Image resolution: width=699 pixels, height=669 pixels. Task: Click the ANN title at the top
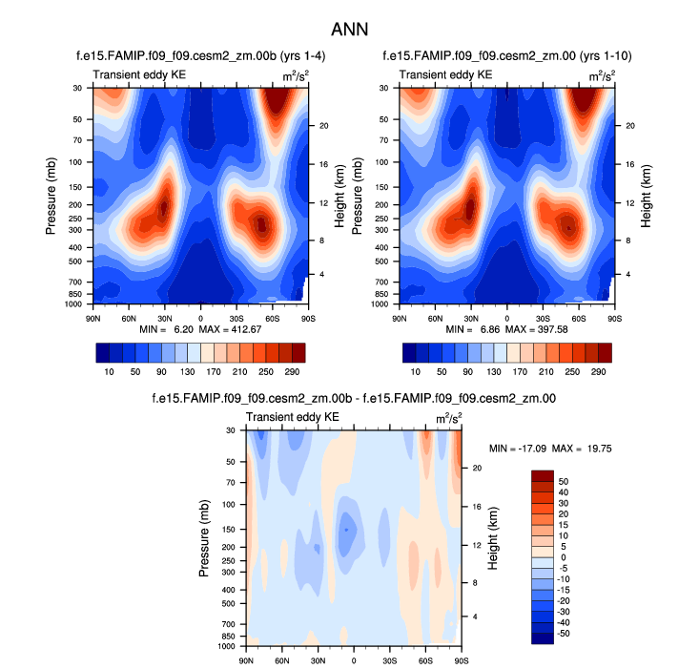(349, 29)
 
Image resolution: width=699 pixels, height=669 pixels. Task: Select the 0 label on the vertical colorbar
(565, 557)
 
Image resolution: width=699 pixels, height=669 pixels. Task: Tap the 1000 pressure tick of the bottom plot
(227, 646)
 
